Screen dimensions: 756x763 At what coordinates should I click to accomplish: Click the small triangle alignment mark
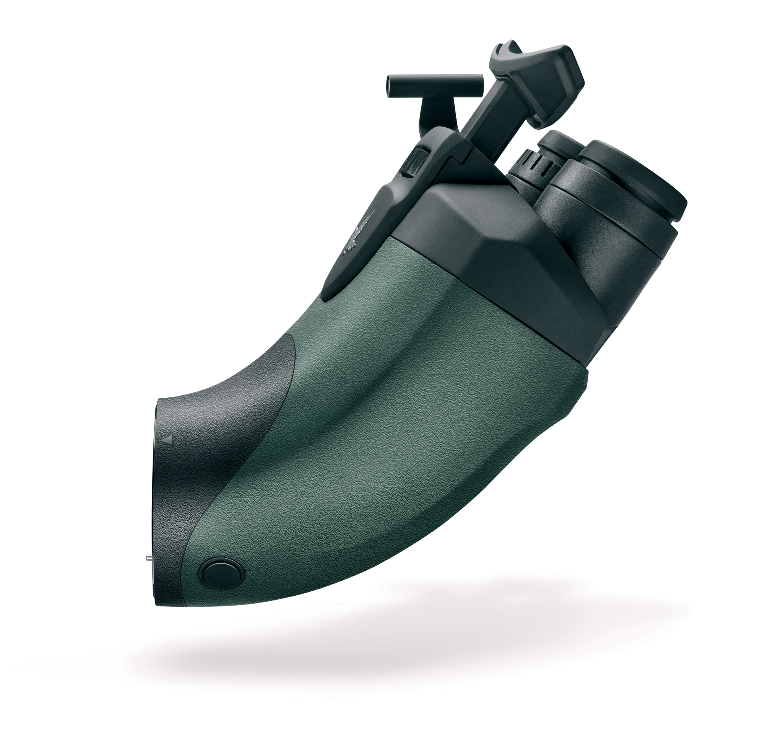point(168,440)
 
